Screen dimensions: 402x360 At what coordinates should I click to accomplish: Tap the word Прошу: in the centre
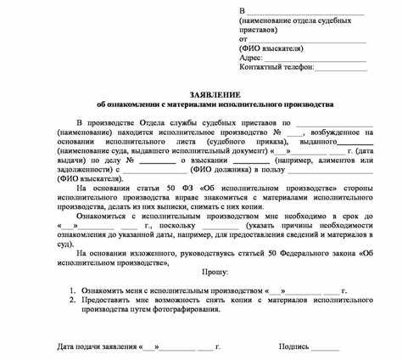coord(215,272)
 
